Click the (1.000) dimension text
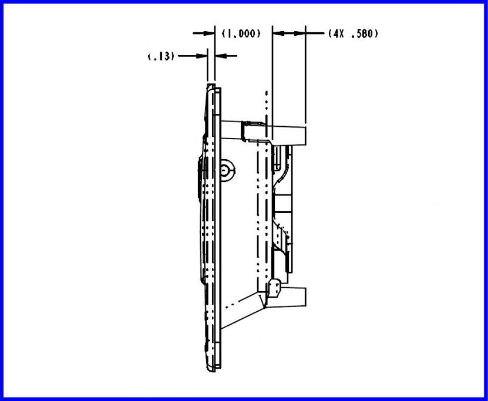[241, 33]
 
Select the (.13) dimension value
[160, 56]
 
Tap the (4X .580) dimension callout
[354, 33]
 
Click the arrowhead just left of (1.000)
[208, 33]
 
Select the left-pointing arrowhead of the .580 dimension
[279, 33]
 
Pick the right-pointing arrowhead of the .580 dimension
[299, 33]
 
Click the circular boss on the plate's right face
[227, 170]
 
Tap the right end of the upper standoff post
[306, 136]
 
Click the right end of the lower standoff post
[305, 296]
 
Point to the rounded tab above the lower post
[274, 288]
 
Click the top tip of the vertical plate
[211, 84]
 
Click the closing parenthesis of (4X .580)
[376, 33]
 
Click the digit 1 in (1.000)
[228, 33]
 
